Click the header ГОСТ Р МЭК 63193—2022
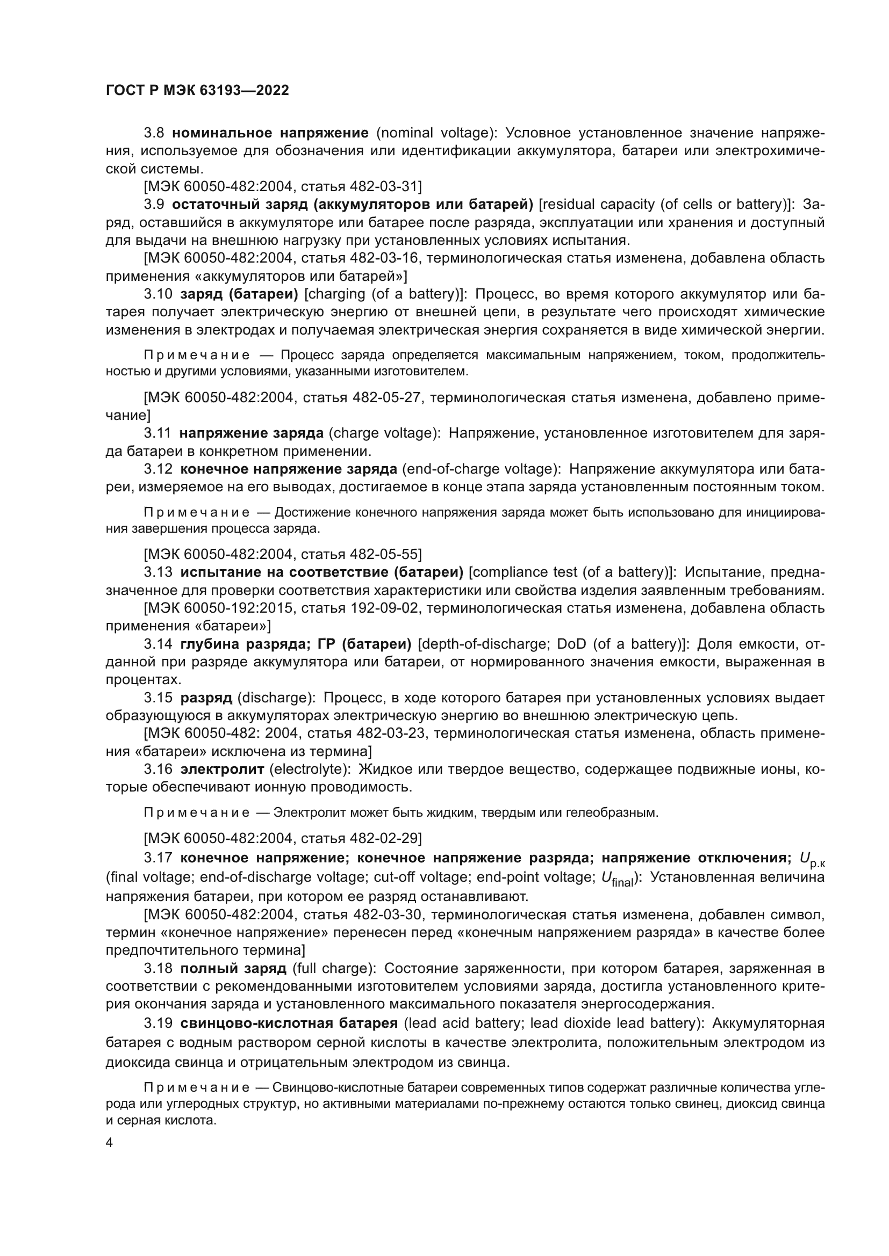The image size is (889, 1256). pyautogui.click(x=197, y=91)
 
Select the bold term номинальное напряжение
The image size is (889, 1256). pyautogui.click(x=270, y=133)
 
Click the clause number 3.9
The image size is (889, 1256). pyautogui.click(x=154, y=204)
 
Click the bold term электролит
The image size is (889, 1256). pyautogui.click(x=221, y=769)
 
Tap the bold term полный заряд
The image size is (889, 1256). pyautogui.click(x=233, y=968)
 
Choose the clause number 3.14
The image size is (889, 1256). pyautogui.click(x=157, y=643)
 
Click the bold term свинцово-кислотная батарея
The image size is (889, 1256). pyautogui.click(x=289, y=1023)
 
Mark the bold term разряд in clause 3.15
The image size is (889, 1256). pyautogui.click(x=206, y=698)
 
